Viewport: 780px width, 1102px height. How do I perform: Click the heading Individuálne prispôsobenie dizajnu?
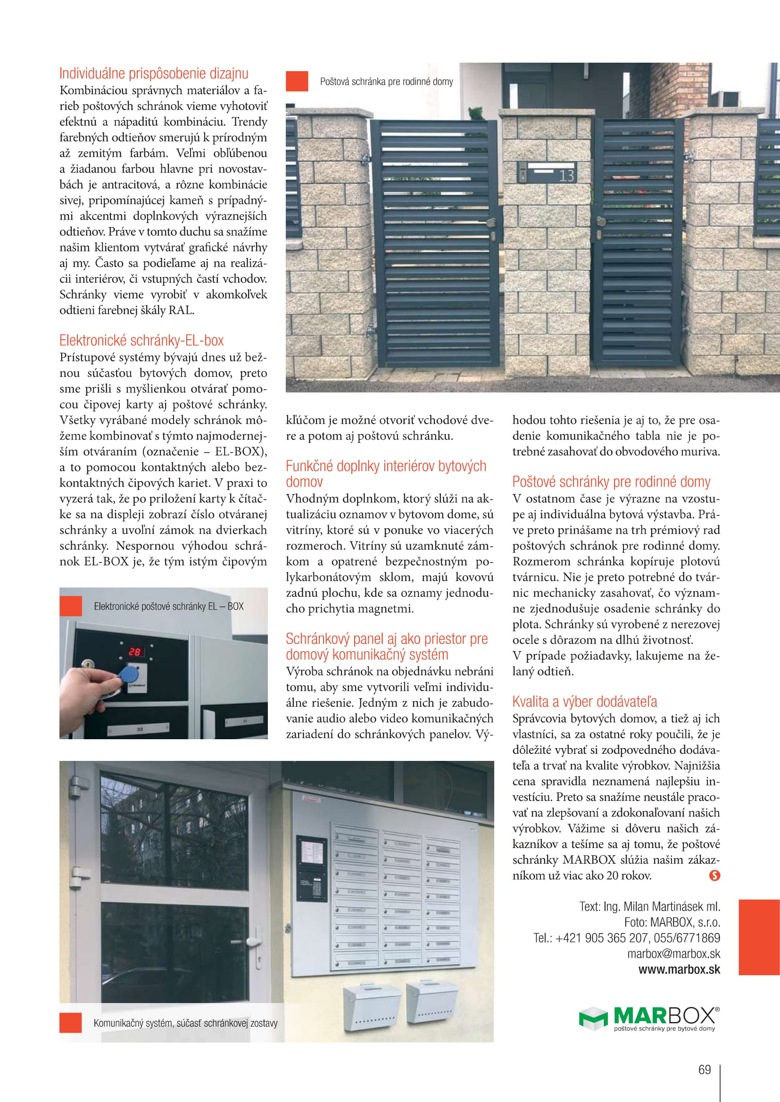click(x=154, y=73)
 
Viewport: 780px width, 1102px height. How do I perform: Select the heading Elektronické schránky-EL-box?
click(x=141, y=340)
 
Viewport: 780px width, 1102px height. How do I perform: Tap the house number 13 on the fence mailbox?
click(x=566, y=175)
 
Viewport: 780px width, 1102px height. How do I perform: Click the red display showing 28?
click(x=134, y=651)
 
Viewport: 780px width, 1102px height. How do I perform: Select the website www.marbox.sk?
click(x=679, y=969)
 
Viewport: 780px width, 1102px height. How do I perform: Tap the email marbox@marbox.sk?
click(x=673, y=953)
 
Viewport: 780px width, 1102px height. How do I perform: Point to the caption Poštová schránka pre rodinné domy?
click(x=386, y=82)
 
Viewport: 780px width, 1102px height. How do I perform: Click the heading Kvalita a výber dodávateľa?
click(x=584, y=701)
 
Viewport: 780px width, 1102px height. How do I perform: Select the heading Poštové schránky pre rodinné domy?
click(x=611, y=482)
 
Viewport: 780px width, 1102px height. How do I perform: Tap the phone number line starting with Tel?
click(x=626, y=938)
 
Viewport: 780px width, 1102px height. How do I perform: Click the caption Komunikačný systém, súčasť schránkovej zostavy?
click(x=185, y=1023)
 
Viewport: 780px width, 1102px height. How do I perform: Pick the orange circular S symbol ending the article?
click(x=714, y=875)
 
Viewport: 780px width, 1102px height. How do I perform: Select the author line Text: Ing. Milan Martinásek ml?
click(x=649, y=906)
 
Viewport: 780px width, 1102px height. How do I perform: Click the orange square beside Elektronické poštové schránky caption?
click(x=71, y=606)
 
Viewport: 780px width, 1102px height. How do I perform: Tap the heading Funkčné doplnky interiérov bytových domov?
click(x=386, y=473)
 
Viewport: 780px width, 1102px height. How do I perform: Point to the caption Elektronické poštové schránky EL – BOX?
click(x=168, y=606)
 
